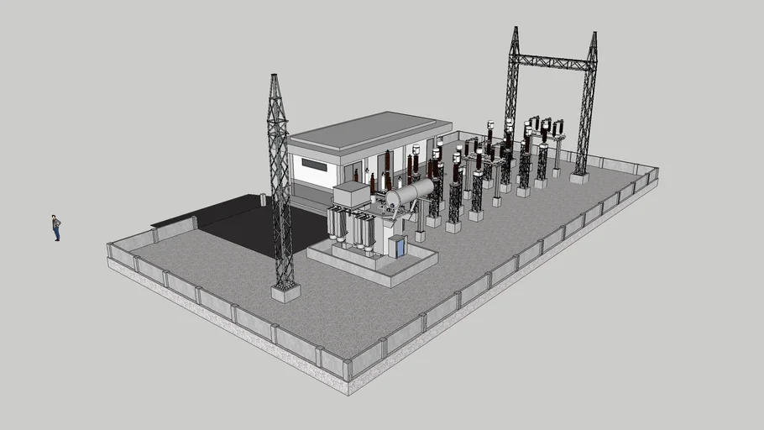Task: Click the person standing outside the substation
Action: tap(56, 228)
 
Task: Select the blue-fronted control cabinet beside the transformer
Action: tap(397, 246)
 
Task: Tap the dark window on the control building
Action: tap(313, 165)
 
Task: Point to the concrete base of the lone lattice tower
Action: tap(285, 292)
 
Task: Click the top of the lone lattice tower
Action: tap(274, 78)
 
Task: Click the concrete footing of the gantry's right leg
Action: tap(579, 177)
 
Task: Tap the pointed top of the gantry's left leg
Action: tap(515, 30)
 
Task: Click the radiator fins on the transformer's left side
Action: tap(338, 224)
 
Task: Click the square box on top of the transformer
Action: tap(352, 195)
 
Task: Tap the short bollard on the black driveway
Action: tap(263, 199)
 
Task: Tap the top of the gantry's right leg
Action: tap(594, 36)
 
